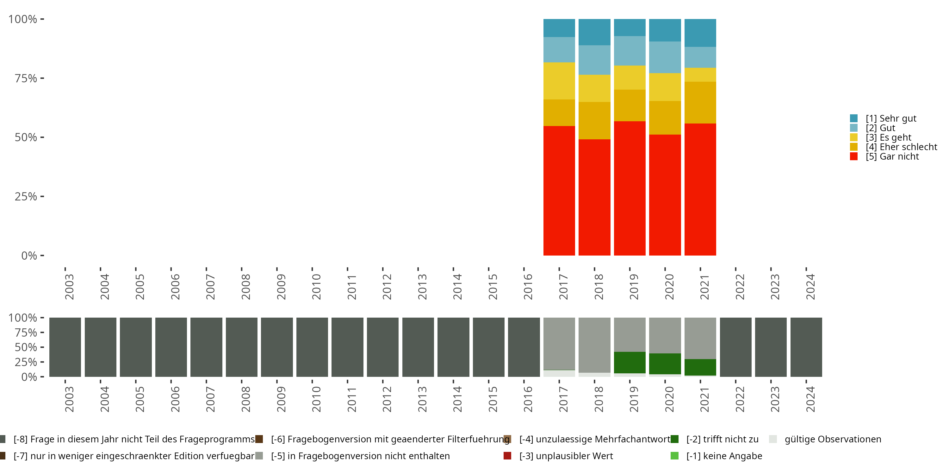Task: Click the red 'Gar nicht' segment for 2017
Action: tap(559, 190)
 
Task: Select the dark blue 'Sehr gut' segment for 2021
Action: tap(700, 33)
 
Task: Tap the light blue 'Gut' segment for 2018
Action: tap(594, 60)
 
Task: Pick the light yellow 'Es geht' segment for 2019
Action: tap(630, 78)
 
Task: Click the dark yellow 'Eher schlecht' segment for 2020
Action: tap(665, 118)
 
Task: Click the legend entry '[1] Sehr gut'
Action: tap(890, 118)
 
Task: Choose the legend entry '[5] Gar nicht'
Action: tap(891, 156)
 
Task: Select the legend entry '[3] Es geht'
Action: tap(888, 137)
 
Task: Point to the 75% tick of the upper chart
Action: tap(26, 78)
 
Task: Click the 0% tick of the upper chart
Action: tap(29, 256)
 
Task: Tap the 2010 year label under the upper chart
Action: tap(316, 287)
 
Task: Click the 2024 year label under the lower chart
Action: tap(810, 399)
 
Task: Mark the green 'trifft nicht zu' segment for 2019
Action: tap(630, 362)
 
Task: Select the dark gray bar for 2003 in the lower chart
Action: tap(65, 347)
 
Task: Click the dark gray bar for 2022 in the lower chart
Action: tap(735, 347)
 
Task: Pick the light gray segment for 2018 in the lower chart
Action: tap(594, 345)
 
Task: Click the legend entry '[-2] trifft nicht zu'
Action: tap(722, 439)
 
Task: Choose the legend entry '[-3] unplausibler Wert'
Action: tap(566, 456)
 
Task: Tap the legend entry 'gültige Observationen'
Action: tap(833, 439)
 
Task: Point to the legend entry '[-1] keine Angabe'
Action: tap(724, 456)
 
